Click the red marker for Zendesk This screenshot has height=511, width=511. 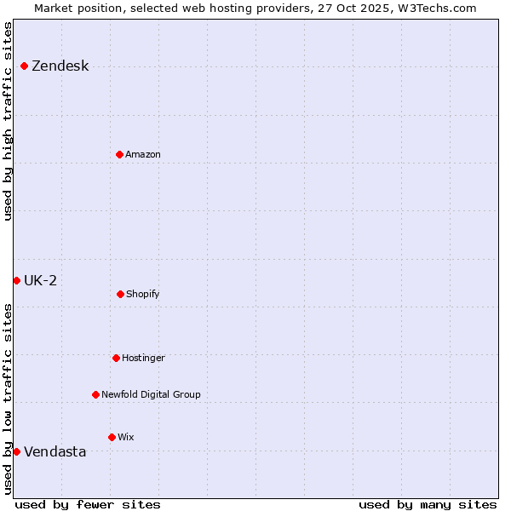(x=24, y=66)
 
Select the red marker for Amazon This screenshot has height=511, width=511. (x=119, y=154)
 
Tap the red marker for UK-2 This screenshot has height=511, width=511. (x=16, y=281)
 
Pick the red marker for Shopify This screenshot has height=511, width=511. (x=120, y=294)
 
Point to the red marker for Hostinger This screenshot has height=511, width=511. (x=116, y=358)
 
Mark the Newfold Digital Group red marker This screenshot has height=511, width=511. (x=95, y=394)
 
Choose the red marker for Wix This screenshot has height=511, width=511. (x=112, y=437)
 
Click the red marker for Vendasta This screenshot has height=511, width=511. (x=16, y=451)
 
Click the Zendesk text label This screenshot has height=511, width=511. (x=60, y=66)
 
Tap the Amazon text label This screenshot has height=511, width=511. (x=143, y=154)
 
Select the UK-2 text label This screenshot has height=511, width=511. (x=40, y=281)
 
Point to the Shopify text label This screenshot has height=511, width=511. (x=143, y=294)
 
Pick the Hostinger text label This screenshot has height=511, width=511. (x=143, y=358)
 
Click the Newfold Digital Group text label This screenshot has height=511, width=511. (x=151, y=394)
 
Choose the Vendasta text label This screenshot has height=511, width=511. (x=55, y=451)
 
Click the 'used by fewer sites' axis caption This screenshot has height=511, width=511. (x=88, y=504)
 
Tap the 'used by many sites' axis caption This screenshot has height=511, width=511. (x=428, y=504)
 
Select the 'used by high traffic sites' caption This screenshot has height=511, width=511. (x=9, y=120)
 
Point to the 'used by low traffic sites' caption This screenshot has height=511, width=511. (x=9, y=399)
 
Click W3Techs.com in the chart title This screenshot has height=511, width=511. (x=435, y=8)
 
